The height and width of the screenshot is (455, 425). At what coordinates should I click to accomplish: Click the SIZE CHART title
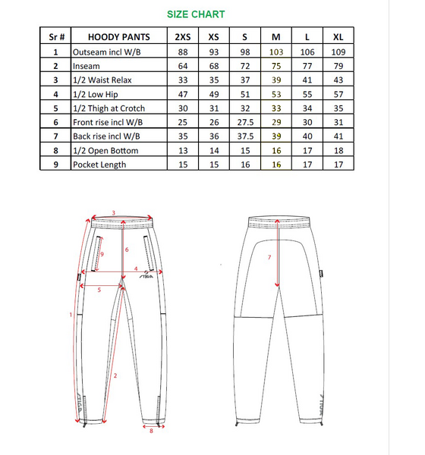[x=196, y=14]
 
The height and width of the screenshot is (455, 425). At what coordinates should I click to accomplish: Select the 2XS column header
[x=183, y=37]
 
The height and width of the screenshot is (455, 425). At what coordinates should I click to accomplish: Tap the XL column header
[x=338, y=37]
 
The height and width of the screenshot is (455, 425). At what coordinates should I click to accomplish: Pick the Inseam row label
[x=87, y=66]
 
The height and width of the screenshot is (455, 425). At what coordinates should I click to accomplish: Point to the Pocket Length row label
[x=99, y=165]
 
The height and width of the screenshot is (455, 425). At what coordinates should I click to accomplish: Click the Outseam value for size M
[x=276, y=52]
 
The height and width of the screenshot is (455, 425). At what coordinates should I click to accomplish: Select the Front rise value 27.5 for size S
[x=245, y=122]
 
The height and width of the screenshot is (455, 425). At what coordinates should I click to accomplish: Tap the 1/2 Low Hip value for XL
[x=338, y=94]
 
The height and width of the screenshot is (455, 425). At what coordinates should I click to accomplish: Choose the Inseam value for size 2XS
[x=183, y=66]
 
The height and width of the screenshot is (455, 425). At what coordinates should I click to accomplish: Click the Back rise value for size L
[x=307, y=136]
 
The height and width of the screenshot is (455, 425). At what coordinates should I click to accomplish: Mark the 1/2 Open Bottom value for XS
[x=214, y=151]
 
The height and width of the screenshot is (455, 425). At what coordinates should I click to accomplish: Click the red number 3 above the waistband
[x=114, y=213]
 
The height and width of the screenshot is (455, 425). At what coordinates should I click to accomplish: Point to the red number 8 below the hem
[x=151, y=431]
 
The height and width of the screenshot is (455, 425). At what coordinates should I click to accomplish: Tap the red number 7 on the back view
[x=269, y=257]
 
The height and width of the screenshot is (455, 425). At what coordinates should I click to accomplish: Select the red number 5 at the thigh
[x=99, y=290]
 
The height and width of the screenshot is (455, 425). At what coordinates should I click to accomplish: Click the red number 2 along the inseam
[x=115, y=376]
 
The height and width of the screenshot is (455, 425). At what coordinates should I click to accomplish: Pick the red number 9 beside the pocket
[x=102, y=255]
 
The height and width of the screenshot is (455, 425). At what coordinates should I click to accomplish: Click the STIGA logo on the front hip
[x=146, y=275]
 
